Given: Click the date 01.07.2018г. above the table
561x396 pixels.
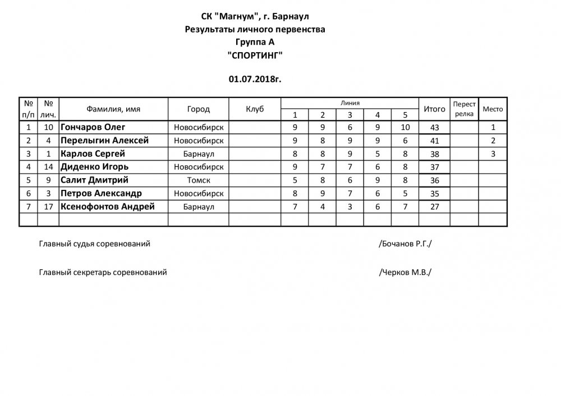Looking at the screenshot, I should coord(255,79).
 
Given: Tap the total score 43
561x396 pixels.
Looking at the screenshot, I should coord(434,128).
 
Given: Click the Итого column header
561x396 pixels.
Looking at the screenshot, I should coord(434,109).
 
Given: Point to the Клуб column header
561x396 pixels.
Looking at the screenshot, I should coord(255,109).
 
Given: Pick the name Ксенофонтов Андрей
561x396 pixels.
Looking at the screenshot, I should coord(107,207).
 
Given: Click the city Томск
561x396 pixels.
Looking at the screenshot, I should coord(199,180).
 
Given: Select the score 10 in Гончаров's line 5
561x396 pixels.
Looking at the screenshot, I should coord(406,127).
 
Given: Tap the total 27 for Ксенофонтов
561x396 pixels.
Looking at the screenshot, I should coord(434,207).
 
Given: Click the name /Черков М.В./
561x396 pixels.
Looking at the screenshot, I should coord(406,273).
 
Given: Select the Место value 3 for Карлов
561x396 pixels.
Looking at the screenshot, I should coord(493,153).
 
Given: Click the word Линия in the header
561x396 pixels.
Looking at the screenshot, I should coord(350,103).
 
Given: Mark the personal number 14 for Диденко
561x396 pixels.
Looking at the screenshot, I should coord(48,167).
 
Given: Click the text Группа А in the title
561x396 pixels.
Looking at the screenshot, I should coord(255,42).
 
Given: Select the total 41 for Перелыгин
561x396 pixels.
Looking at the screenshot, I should coord(434,141).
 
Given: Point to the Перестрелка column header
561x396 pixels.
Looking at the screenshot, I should coord(464,109).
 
